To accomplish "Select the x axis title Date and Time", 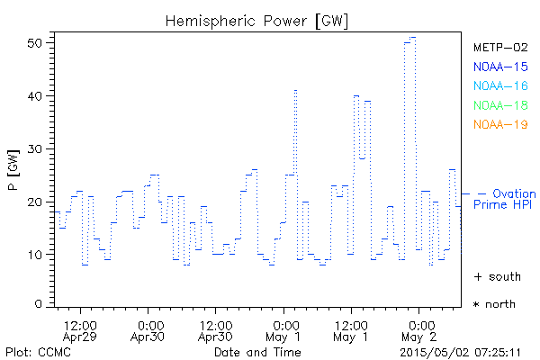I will (251, 351).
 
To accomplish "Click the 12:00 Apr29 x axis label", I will (81, 330).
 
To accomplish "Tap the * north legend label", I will (495, 304).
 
